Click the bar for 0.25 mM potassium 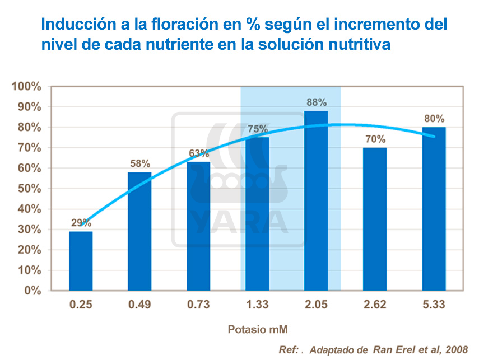[81, 261]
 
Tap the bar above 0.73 [198, 226]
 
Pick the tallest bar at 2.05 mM [316, 200]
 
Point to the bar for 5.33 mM [434, 209]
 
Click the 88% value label [317, 102]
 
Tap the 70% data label [375, 139]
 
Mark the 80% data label [434, 119]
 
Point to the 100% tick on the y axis [27, 87]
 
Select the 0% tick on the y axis [33, 291]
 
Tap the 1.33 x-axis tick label [257, 305]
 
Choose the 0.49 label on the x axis [139, 305]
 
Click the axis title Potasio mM [257, 329]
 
